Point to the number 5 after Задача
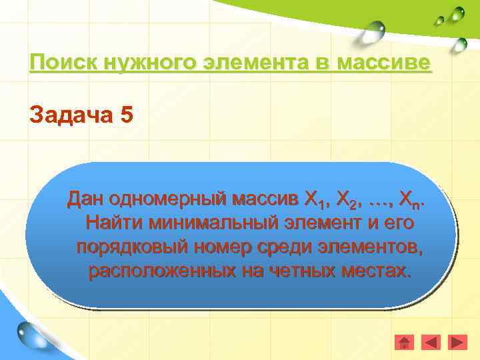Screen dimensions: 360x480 [x=126, y=115]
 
